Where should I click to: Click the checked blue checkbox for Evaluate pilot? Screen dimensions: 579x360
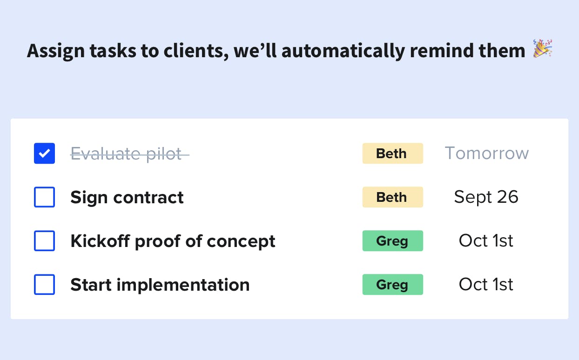pyautogui.click(x=45, y=153)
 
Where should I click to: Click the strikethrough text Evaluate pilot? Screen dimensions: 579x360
pyautogui.click(x=130, y=154)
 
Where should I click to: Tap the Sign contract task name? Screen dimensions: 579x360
pyautogui.click(x=127, y=198)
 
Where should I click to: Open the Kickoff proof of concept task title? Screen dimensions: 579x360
pyautogui.click(x=173, y=241)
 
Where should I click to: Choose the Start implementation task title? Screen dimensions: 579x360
pyautogui.click(x=160, y=285)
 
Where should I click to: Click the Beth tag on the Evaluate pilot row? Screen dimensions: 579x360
pyautogui.click(x=393, y=153)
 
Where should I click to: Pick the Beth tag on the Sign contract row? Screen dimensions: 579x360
pyautogui.click(x=393, y=197)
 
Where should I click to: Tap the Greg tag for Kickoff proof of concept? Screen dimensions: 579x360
pyautogui.click(x=393, y=240)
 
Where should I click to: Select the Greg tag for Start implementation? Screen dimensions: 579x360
pyautogui.click(x=393, y=284)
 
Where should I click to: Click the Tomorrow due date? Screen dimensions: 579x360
pyautogui.click(x=487, y=153)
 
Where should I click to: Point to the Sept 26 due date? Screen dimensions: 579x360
pyautogui.click(x=486, y=197)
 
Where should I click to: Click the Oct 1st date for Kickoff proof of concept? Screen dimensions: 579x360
pyautogui.click(x=486, y=240)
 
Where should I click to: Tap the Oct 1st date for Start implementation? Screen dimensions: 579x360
pyautogui.click(x=486, y=284)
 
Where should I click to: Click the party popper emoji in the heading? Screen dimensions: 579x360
pyautogui.click(x=543, y=48)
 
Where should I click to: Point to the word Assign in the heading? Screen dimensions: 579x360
pyautogui.click(x=56, y=51)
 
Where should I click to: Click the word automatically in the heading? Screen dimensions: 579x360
pyautogui.click(x=343, y=51)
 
